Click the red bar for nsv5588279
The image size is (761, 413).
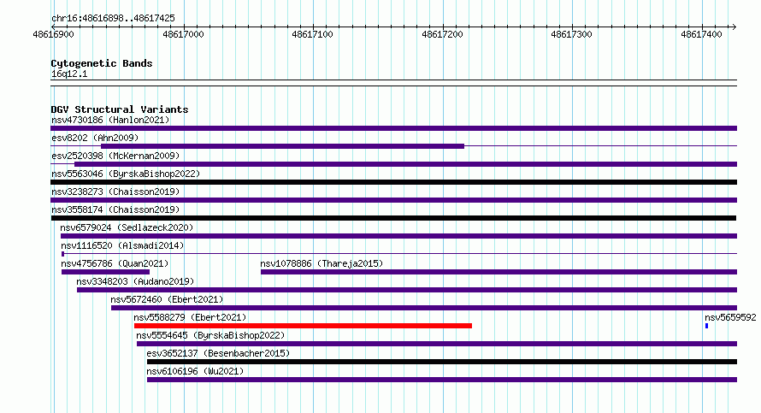pos(303,326)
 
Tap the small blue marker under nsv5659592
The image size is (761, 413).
pos(706,326)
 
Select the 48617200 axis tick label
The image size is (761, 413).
pos(443,34)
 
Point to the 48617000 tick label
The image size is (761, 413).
pos(184,34)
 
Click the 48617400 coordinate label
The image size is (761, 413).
pos(701,34)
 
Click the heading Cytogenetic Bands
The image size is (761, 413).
pos(102,63)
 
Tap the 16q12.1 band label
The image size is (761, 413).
pos(69,74)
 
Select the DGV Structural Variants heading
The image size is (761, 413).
pos(120,109)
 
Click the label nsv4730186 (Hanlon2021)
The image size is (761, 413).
pos(110,120)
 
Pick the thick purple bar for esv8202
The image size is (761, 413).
pos(282,146)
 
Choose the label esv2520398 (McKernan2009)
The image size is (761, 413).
pos(115,156)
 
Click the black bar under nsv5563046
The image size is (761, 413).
pos(393,182)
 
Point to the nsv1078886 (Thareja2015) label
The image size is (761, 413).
pos(322,263)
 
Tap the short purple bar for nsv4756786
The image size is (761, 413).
pos(105,272)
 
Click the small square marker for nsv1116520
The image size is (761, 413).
pos(63,254)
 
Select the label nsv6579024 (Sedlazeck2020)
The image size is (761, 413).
pos(127,227)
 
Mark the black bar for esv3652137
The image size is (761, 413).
pos(442,362)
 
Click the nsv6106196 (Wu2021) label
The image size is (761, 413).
pos(195,371)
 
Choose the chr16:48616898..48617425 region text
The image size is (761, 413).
pos(113,19)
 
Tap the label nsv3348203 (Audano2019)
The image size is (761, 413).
pos(135,281)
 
